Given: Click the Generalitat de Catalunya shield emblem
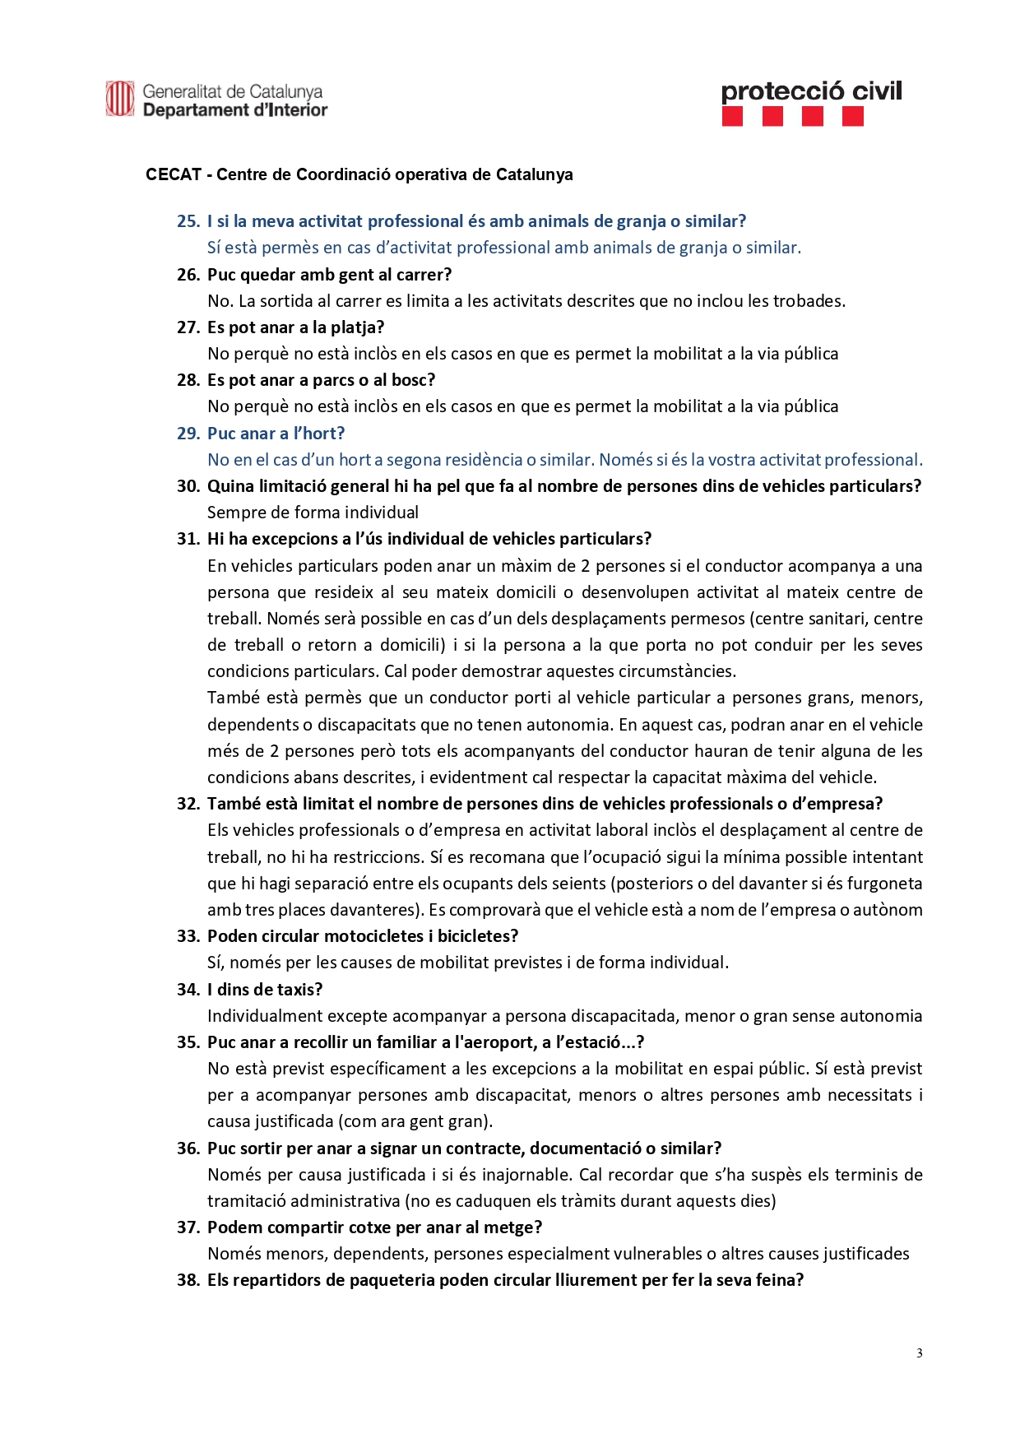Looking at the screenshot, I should point(119,100).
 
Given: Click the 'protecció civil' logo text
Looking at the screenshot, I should point(811,91).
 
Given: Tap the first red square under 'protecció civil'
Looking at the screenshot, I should point(732,117).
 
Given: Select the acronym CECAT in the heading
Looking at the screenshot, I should point(174,174).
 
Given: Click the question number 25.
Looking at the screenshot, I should point(188,221).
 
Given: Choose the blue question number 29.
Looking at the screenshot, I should point(188,434).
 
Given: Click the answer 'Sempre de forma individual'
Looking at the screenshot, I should point(313,513).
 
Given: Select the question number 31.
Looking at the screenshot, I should point(188,539).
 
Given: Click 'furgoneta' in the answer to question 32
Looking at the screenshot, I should point(887,884).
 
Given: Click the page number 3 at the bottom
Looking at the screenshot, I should point(919,1353).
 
